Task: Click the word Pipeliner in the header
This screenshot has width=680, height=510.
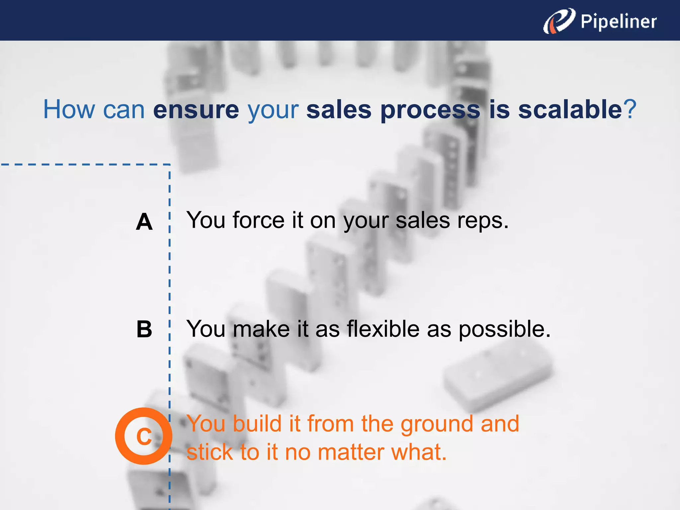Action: tap(618, 22)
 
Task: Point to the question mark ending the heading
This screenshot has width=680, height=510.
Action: tap(630, 110)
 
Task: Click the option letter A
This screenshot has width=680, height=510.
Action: tap(144, 222)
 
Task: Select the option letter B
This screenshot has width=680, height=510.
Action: tap(144, 329)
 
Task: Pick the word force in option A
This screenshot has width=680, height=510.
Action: tap(259, 220)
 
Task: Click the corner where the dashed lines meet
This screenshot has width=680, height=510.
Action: tap(170, 164)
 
